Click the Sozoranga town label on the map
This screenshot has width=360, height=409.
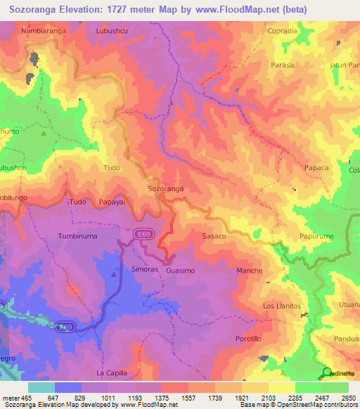pyautogui.click(x=166, y=189)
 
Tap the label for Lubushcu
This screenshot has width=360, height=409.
pyautogui.click(x=112, y=32)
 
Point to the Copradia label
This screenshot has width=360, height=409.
pyautogui.click(x=283, y=32)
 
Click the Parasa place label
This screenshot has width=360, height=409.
pyautogui.click(x=281, y=65)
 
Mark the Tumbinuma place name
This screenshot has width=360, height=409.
pyautogui.click(x=77, y=236)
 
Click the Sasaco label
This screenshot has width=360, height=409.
pyautogui.click(x=214, y=236)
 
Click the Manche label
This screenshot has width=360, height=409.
pyautogui.click(x=250, y=271)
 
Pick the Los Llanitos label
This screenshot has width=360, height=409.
pyautogui.click(x=282, y=306)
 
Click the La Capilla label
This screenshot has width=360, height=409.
pyautogui.click(x=113, y=372)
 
